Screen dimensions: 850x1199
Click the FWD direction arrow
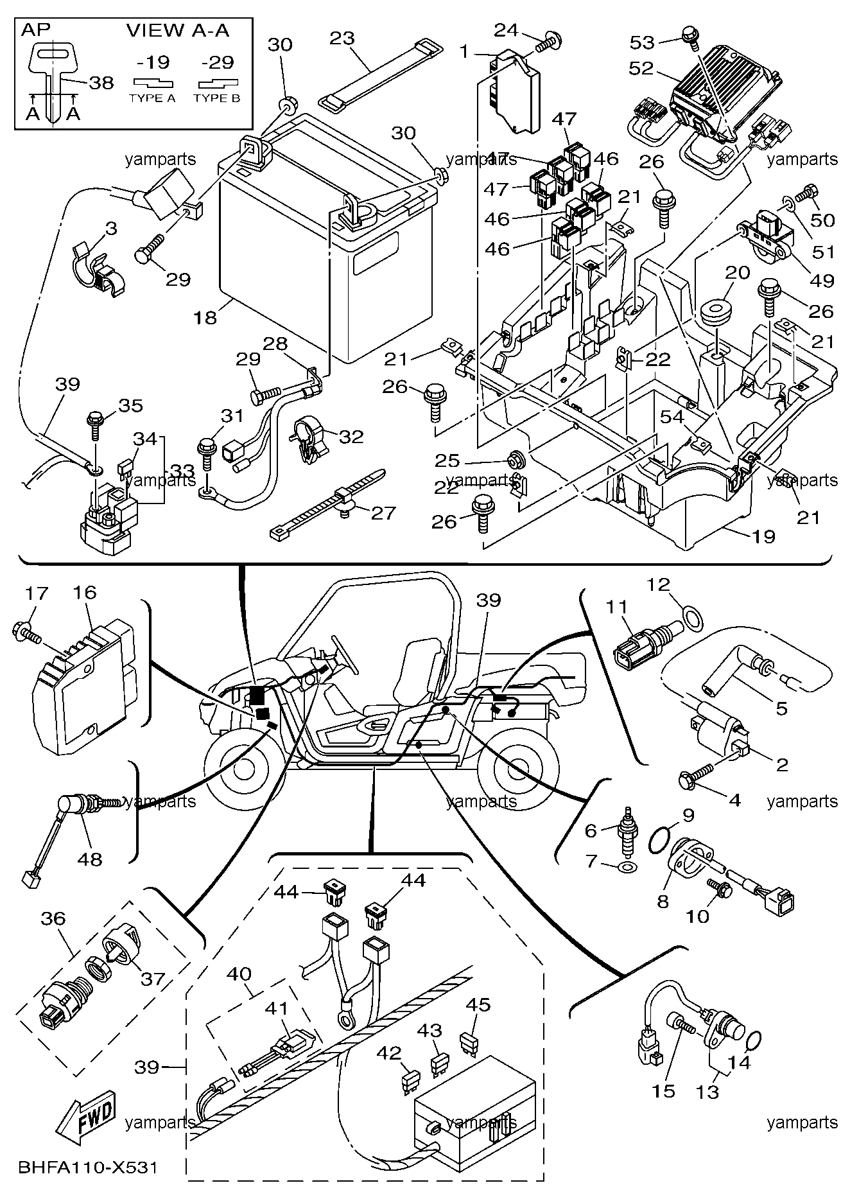click(x=85, y=1117)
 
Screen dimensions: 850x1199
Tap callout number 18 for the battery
click(x=205, y=317)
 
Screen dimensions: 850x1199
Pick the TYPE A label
click(x=152, y=98)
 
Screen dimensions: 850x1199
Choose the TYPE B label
click(x=217, y=98)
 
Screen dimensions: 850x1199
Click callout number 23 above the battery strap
click(x=342, y=38)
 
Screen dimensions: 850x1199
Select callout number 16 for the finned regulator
click(x=85, y=592)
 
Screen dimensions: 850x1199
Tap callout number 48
click(x=90, y=859)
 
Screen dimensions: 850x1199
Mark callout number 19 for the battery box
click(x=763, y=536)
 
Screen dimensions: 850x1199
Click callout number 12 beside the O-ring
click(x=659, y=584)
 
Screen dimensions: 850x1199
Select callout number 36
click(x=53, y=918)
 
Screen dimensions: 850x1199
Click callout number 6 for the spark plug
click(x=591, y=830)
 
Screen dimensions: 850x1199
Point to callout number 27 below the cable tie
click(x=383, y=512)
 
